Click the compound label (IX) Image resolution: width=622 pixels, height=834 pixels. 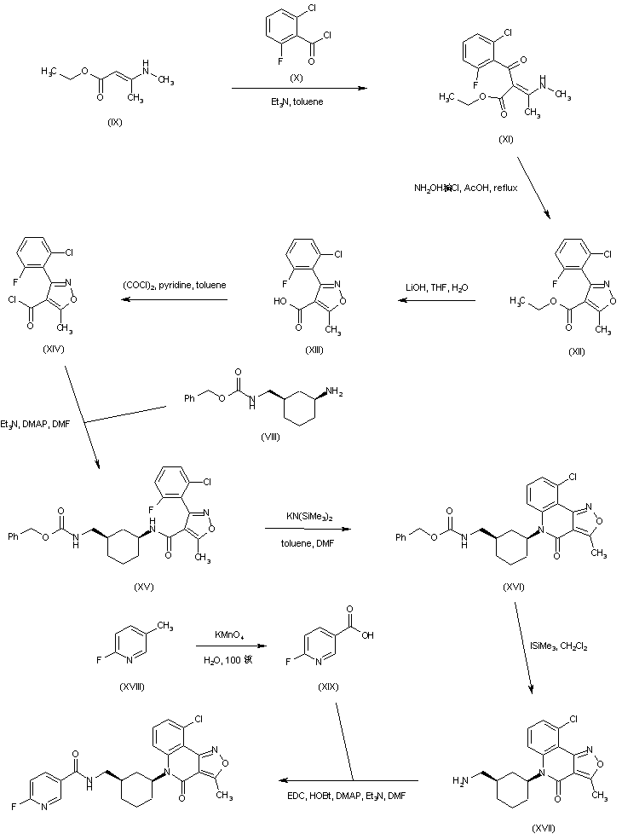coord(114,122)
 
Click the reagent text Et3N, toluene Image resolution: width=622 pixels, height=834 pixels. coord(294,102)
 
